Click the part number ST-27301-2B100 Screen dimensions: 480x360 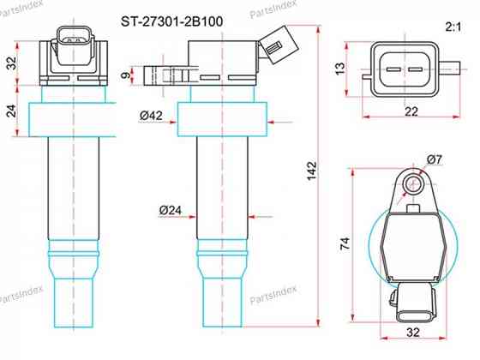[x=171, y=21]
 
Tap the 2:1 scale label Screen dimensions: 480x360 [x=453, y=27]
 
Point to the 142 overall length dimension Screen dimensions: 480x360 [x=312, y=171]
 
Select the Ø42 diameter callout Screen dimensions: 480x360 [x=151, y=116]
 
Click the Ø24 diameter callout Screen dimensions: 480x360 [x=171, y=210]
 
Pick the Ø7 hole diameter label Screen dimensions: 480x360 [x=435, y=159]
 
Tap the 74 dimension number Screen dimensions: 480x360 [x=345, y=244]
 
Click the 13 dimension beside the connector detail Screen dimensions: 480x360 [x=340, y=69]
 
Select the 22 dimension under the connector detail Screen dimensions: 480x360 [x=411, y=111]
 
